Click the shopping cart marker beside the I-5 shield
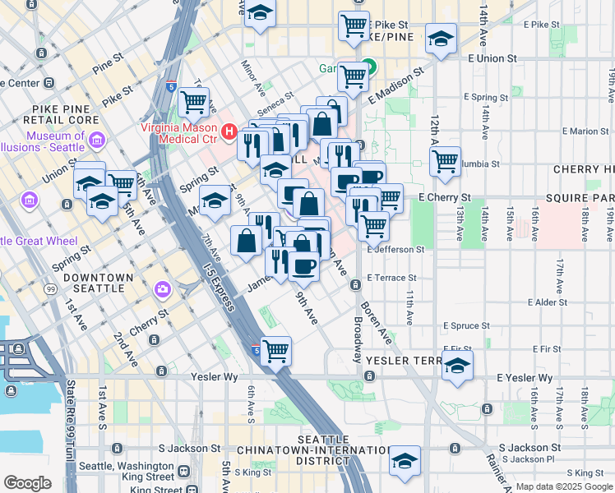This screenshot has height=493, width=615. pyautogui.click(x=276, y=351)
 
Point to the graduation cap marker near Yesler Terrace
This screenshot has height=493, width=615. pyautogui.click(x=458, y=366)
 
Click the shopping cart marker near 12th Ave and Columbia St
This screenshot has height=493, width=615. pyautogui.click(x=445, y=161)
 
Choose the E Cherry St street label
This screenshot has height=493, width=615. pyautogui.click(x=444, y=198)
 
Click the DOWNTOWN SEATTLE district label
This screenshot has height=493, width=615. pyautogui.click(x=98, y=283)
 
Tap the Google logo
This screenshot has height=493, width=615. pyautogui.click(x=27, y=483)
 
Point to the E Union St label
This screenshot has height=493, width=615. pyautogui.click(x=492, y=59)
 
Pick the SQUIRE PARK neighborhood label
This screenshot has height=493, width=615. pyautogui.click(x=585, y=199)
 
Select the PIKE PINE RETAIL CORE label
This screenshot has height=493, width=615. pyautogui.click(x=65, y=113)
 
